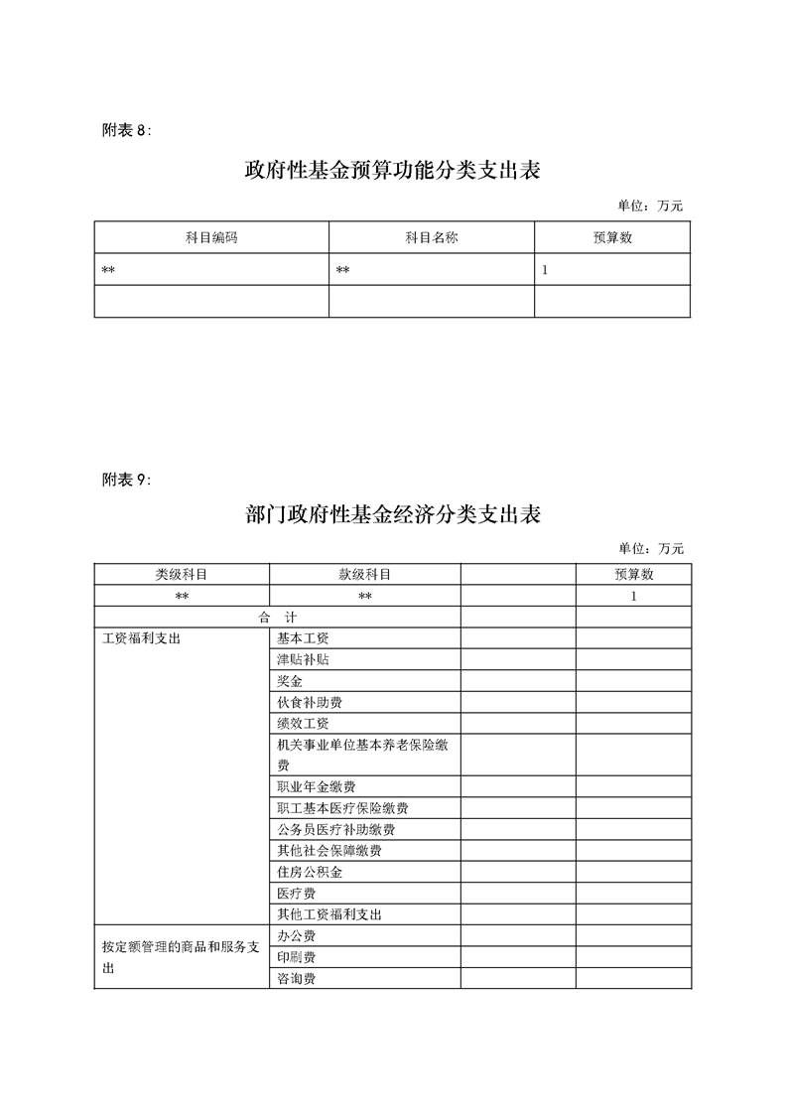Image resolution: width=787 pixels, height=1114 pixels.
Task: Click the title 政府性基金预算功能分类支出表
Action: [x=392, y=170]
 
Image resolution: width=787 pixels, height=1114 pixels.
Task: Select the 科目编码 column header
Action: [x=211, y=238]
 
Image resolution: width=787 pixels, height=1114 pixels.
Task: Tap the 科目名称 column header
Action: [x=432, y=238]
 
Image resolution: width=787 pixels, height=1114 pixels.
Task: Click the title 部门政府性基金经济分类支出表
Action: [x=392, y=515]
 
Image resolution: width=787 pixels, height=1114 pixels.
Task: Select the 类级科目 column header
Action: [x=182, y=575]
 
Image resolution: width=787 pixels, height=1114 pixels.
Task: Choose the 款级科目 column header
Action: [x=364, y=575]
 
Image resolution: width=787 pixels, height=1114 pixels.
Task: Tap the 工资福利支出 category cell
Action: [x=142, y=638]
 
